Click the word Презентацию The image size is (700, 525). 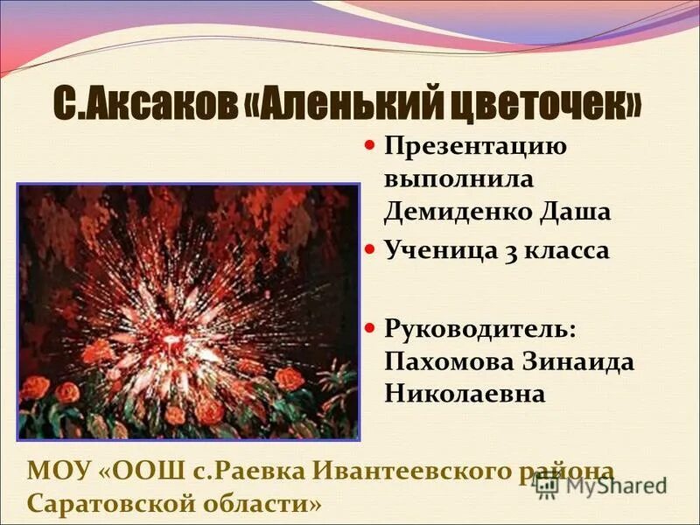click(475, 145)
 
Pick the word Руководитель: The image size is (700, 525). click(480, 328)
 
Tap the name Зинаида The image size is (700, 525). click(576, 361)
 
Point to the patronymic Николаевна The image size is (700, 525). click(465, 394)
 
